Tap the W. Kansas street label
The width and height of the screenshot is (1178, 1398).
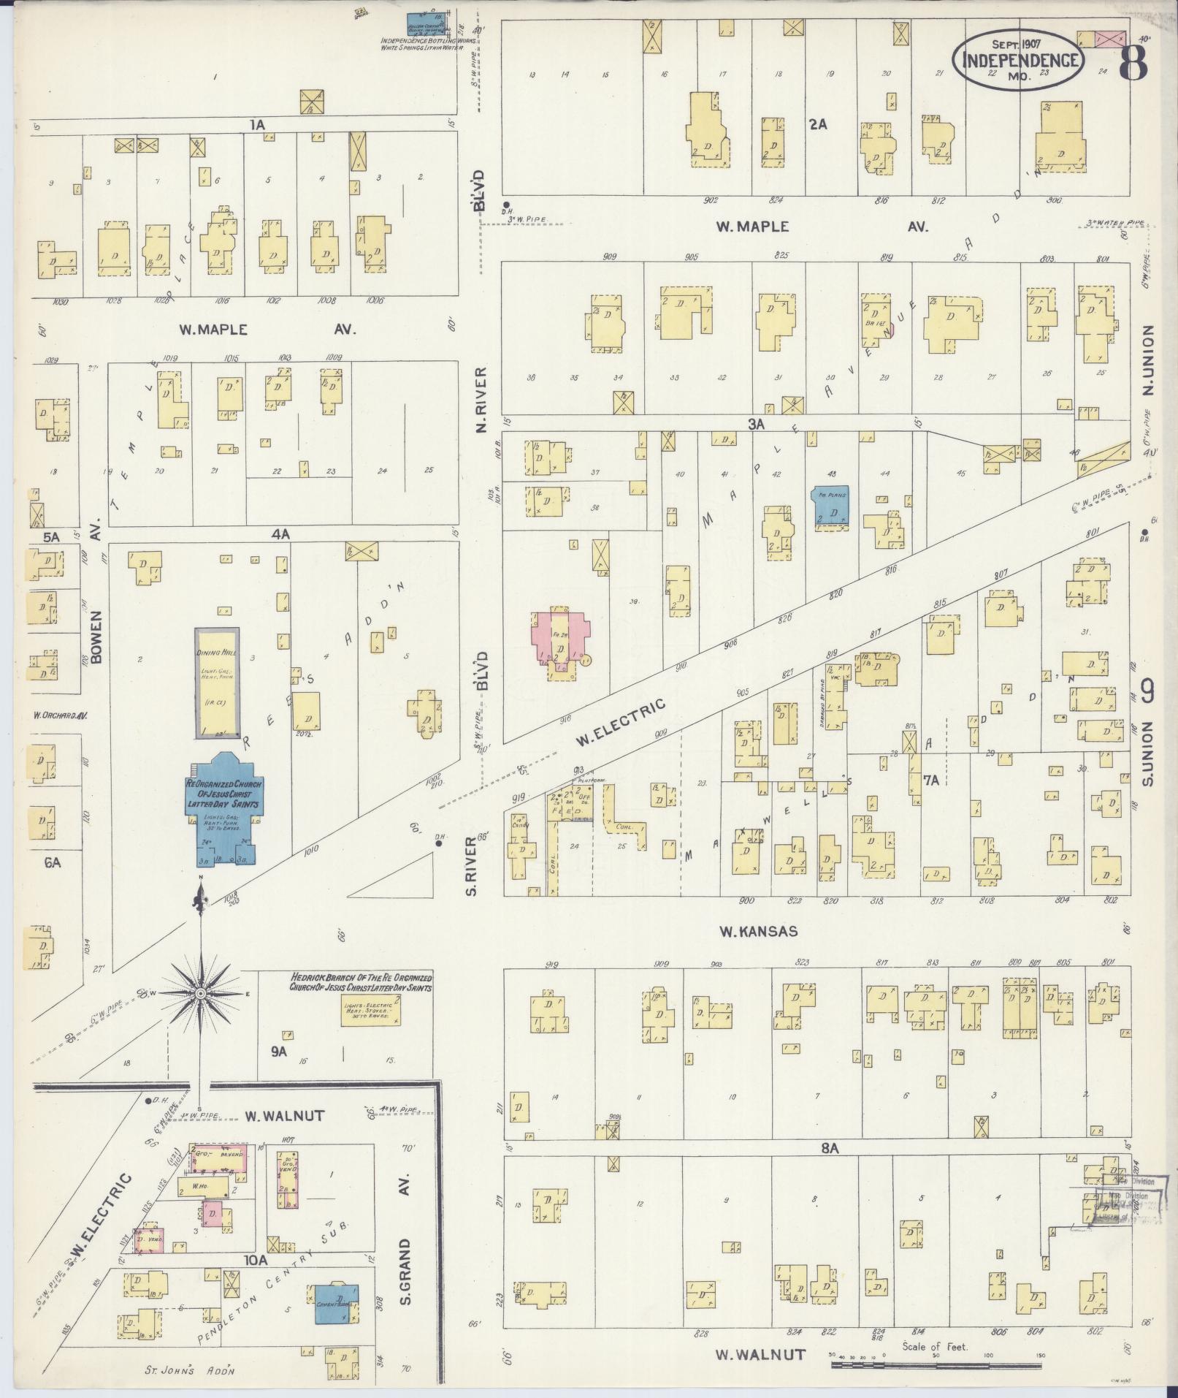[757, 931]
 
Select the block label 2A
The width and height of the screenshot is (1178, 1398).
[817, 124]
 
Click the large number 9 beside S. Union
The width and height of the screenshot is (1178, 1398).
[1147, 690]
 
